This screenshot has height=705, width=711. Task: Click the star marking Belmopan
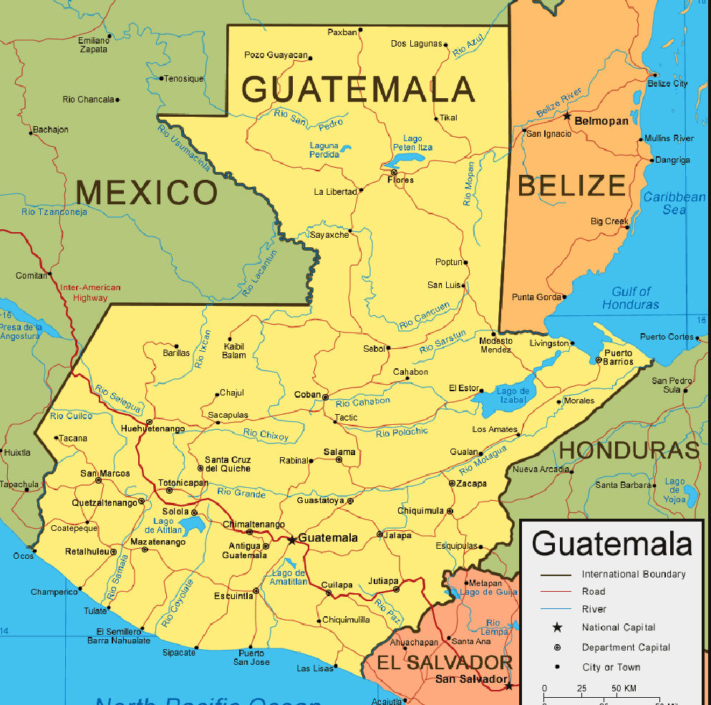click(566, 116)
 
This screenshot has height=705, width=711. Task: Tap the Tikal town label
click(448, 117)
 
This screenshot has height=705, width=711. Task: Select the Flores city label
click(400, 180)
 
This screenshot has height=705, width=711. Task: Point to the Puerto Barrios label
click(619, 357)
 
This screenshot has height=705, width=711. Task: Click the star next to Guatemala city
click(291, 539)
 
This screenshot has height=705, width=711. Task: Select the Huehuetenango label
click(153, 428)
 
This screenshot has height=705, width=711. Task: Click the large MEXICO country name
click(146, 193)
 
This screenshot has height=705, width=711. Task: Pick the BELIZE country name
click(571, 186)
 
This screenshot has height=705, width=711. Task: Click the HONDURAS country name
click(629, 450)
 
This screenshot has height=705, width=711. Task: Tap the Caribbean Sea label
click(674, 203)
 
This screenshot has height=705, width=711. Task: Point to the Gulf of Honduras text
click(631, 297)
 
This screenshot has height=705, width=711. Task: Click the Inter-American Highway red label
click(90, 292)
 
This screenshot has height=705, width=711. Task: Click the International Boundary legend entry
click(633, 574)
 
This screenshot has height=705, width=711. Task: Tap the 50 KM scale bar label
click(627, 689)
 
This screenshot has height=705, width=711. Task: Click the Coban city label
click(307, 395)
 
